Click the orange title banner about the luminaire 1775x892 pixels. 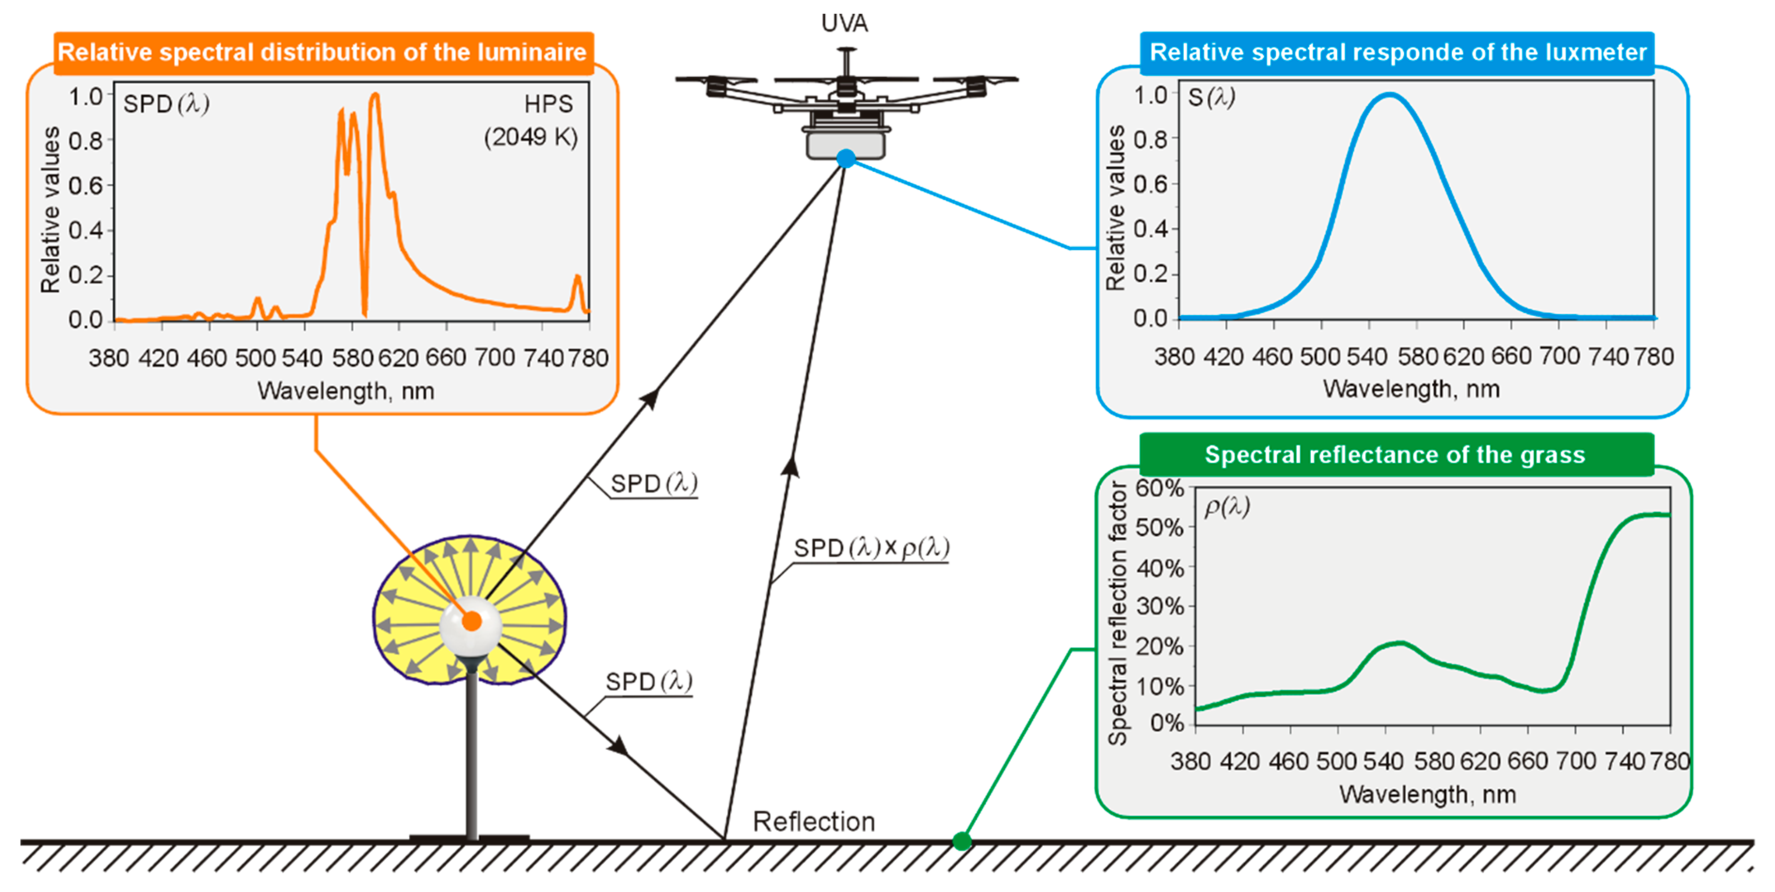[322, 52]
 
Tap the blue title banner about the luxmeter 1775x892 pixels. [1398, 52]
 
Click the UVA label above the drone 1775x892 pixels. [845, 24]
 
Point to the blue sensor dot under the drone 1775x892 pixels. [846, 159]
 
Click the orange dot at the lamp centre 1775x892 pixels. [472, 621]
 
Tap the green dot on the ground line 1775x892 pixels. [962, 841]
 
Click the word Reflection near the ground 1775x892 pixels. [814, 822]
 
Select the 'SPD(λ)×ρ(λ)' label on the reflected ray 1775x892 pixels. [872, 548]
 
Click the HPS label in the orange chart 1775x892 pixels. [549, 104]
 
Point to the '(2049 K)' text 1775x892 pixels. [531, 137]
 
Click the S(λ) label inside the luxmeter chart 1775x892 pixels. [1211, 98]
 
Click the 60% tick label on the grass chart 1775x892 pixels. [1159, 488]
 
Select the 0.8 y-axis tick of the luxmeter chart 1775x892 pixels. [1151, 140]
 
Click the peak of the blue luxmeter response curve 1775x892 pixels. [1390, 95]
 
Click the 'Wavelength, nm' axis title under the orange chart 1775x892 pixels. [346, 391]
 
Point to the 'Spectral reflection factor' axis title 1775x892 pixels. [1117, 613]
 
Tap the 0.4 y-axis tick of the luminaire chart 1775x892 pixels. [86, 230]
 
